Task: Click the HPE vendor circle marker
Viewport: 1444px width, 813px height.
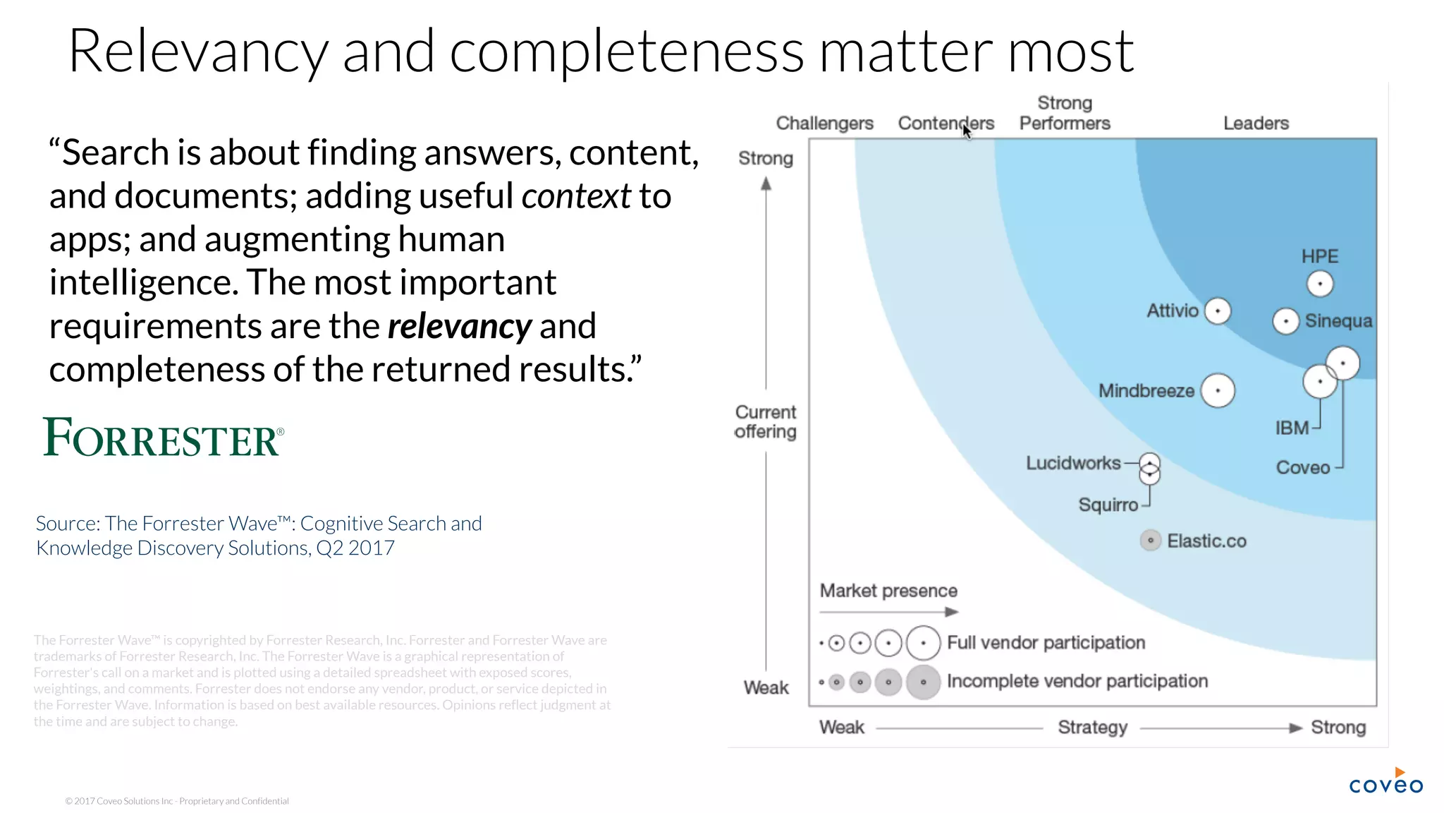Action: coord(1320,284)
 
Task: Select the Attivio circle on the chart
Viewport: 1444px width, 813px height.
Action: coord(1218,311)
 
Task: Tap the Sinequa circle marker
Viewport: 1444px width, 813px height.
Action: coord(1286,321)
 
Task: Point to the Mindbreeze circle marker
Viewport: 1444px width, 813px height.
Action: coord(1218,390)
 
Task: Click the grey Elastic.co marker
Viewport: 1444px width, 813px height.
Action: coord(1150,541)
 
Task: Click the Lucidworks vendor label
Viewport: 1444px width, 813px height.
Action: coord(1073,463)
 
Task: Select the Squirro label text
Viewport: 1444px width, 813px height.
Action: coord(1108,505)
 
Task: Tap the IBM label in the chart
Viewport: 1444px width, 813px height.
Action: coord(1292,428)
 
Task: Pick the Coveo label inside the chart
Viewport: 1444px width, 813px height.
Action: coord(1303,467)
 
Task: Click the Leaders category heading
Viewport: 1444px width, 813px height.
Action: coord(1256,124)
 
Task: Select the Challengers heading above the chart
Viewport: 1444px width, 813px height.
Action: coord(824,124)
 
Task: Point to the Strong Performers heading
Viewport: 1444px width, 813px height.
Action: coord(1065,114)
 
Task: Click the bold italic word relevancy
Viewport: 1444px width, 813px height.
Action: coord(460,326)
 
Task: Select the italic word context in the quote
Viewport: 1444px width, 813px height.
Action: coord(575,196)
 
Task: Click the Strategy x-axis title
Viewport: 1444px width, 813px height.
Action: coord(1092,728)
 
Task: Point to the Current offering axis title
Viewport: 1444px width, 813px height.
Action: coord(766,422)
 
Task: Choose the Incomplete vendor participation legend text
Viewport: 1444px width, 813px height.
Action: coord(1077,681)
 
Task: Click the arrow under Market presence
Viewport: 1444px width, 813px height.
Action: coord(889,612)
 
